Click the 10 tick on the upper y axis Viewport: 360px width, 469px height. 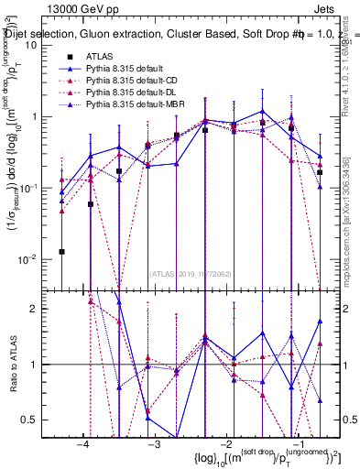[x=30, y=45]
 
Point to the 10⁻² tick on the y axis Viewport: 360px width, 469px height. [x=27, y=259]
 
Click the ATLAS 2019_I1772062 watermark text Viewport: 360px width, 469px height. [x=191, y=272]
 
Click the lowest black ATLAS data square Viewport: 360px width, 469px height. [x=62, y=251]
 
